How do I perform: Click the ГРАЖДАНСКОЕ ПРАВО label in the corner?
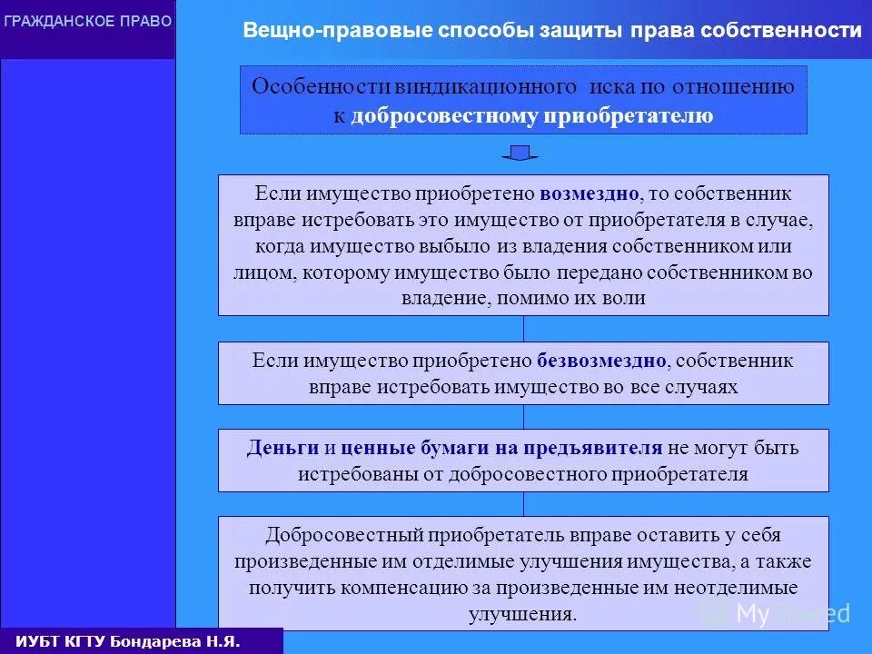(87, 21)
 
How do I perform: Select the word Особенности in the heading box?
(321, 86)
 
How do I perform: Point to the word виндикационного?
(487, 86)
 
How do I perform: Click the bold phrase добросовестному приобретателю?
(532, 115)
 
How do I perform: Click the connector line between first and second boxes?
(523, 328)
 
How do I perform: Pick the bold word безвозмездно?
(601, 361)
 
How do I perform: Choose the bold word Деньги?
(282, 448)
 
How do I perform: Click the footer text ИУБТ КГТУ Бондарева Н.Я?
(128, 641)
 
